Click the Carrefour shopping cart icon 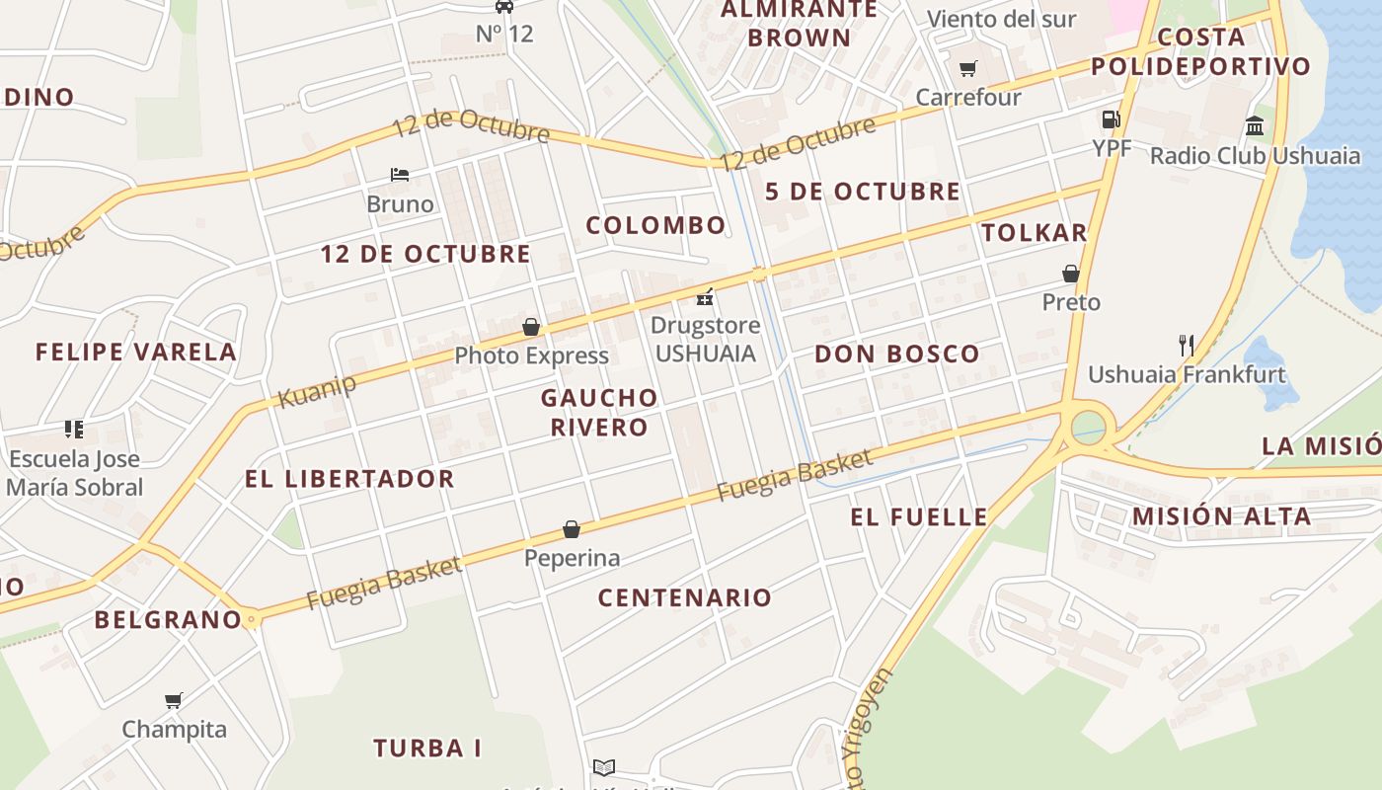click(x=967, y=69)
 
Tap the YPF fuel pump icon click(x=1111, y=119)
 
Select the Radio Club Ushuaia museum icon click(x=1255, y=125)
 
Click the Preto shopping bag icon click(x=1071, y=273)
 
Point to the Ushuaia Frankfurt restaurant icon click(x=1187, y=345)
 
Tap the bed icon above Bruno click(x=400, y=175)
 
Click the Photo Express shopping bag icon click(x=531, y=326)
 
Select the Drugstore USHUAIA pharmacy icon click(x=705, y=295)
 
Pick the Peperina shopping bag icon click(x=572, y=529)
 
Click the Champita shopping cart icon click(x=174, y=700)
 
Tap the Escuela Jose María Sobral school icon click(x=74, y=429)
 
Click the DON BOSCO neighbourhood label click(x=896, y=354)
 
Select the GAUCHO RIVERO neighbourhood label click(x=599, y=412)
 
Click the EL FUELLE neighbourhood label click(x=918, y=516)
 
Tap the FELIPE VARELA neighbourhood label click(x=136, y=352)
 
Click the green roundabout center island click(x=1089, y=428)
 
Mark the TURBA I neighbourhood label click(x=427, y=748)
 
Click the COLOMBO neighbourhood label click(x=655, y=225)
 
